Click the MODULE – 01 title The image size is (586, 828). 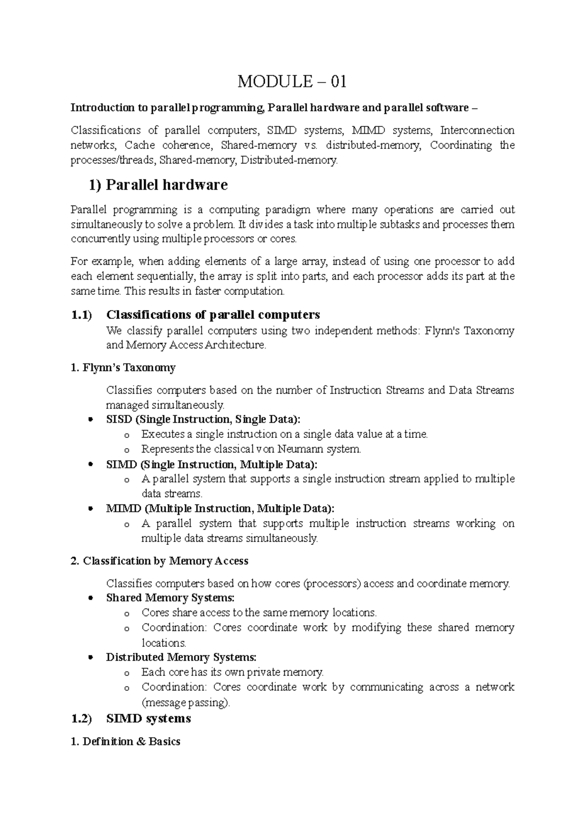(292, 82)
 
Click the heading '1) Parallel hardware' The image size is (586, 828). (158, 185)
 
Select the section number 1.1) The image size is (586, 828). (81, 315)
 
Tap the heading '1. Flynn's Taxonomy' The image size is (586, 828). (123, 368)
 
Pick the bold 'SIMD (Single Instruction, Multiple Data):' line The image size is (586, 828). (211, 464)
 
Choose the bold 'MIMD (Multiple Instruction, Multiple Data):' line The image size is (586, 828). (220, 509)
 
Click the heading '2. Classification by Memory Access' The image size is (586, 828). (160, 561)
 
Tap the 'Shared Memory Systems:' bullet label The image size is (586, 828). (170, 598)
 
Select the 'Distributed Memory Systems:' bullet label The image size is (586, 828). (181, 657)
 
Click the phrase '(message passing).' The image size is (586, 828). (185, 703)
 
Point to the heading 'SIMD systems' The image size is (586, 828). (148, 719)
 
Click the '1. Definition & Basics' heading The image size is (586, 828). (126, 742)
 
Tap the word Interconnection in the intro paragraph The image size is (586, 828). (477, 130)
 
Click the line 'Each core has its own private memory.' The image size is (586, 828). (232, 672)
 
